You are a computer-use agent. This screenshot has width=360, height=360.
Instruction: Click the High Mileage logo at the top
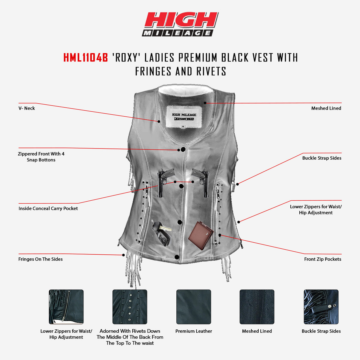tap(180, 24)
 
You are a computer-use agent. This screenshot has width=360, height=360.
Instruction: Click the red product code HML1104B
tap(85, 58)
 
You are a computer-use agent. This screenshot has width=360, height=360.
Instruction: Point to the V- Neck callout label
tap(27, 108)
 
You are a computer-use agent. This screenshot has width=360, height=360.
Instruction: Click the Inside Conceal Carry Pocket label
tap(48, 208)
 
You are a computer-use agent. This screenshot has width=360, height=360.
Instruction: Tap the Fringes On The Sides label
tap(40, 259)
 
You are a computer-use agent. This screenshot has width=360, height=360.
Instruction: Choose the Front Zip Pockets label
tap(322, 259)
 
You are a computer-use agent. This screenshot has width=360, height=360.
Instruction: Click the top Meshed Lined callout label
tap(326, 108)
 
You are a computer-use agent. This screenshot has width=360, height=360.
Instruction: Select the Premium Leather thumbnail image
tap(193, 307)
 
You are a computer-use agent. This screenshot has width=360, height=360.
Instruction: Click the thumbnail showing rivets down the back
tap(130, 307)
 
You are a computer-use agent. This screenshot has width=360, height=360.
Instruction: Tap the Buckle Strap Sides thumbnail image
tap(321, 307)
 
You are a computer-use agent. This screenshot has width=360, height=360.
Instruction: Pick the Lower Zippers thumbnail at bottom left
tap(66, 307)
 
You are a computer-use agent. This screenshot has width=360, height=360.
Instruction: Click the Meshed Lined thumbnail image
tap(257, 307)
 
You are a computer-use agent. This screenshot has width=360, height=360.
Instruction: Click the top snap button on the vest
tap(183, 149)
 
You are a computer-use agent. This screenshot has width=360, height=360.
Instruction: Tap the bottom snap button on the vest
tap(177, 257)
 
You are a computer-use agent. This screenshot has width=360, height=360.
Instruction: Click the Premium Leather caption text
tap(193, 331)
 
